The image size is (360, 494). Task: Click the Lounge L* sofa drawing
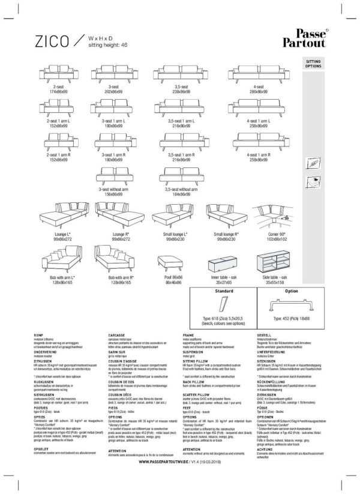(x=61, y=217)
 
